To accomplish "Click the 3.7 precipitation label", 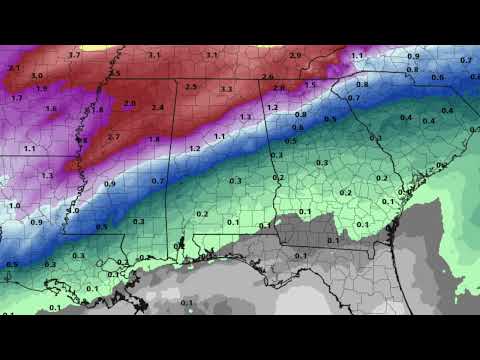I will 74,55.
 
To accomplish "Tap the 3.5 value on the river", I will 114,73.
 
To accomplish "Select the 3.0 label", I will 37,75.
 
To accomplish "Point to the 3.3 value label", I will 227,89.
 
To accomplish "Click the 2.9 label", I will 294,55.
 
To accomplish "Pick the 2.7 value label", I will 113,136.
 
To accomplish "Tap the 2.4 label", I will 158,107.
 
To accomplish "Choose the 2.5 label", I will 191,87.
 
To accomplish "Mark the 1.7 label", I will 17,98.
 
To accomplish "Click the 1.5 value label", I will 310,85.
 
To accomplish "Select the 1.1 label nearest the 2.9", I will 357,56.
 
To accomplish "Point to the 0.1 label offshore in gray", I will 187,302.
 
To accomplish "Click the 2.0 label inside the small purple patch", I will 129,103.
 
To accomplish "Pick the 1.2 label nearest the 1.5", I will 272,107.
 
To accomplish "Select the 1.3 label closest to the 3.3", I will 245,116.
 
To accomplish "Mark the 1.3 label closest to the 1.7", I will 47,175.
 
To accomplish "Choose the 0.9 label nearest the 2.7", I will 109,184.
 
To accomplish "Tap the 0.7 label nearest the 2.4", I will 158,181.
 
